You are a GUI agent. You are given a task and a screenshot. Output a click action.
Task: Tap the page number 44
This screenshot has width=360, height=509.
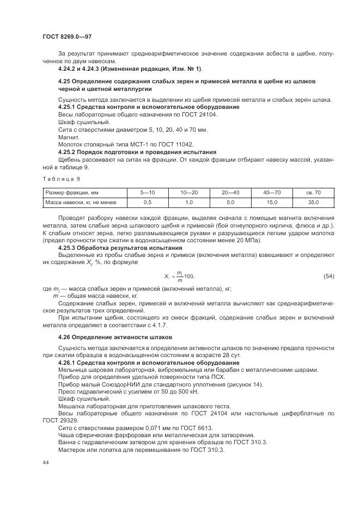click(45, 462)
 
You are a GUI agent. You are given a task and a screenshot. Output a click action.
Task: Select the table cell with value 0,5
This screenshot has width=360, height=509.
click(147, 203)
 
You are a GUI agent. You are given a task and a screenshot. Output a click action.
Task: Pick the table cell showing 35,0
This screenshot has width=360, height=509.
click(314, 203)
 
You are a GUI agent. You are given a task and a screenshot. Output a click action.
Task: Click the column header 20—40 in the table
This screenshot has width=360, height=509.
click(230, 193)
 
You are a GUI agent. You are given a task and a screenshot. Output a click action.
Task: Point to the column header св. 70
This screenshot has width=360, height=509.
click(314, 193)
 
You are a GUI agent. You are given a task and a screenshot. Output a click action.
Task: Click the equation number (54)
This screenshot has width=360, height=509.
click(328, 276)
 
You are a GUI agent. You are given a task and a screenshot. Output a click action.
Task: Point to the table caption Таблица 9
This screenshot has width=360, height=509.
click(61, 179)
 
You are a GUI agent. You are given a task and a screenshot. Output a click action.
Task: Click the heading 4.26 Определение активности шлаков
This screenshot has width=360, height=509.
click(115, 337)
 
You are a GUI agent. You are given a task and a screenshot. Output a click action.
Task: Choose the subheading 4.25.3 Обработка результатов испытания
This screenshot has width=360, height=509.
click(120, 247)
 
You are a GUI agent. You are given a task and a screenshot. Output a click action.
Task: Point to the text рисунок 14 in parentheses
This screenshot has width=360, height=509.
click(246, 384)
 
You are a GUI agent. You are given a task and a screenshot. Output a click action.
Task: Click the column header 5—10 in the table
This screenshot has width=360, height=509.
click(147, 193)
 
